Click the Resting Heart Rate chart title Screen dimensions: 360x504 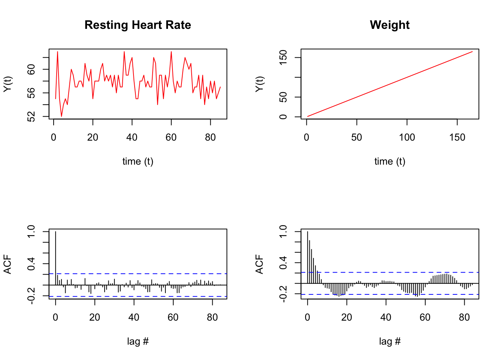point(138,25)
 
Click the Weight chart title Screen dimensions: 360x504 point(390,25)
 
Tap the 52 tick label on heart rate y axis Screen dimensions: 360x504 point(32,117)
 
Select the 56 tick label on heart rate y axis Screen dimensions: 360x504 point(32,93)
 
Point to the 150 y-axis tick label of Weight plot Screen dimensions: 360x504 point(284,57)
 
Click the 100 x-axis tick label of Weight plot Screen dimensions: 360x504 point(407,138)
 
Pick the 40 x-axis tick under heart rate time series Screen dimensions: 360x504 point(132,138)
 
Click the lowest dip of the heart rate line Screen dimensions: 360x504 point(61,117)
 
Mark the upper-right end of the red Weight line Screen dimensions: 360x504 point(472,52)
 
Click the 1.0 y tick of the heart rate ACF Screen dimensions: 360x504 point(32,231)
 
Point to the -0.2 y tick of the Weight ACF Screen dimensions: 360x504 point(284,294)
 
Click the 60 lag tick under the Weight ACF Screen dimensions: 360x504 point(425,318)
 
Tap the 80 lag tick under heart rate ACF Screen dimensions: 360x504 point(212,318)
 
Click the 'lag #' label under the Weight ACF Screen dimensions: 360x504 point(390,341)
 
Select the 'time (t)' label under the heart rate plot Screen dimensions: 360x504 point(138,162)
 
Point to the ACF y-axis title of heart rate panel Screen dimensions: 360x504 point(7,264)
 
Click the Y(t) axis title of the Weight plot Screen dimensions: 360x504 point(259,84)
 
